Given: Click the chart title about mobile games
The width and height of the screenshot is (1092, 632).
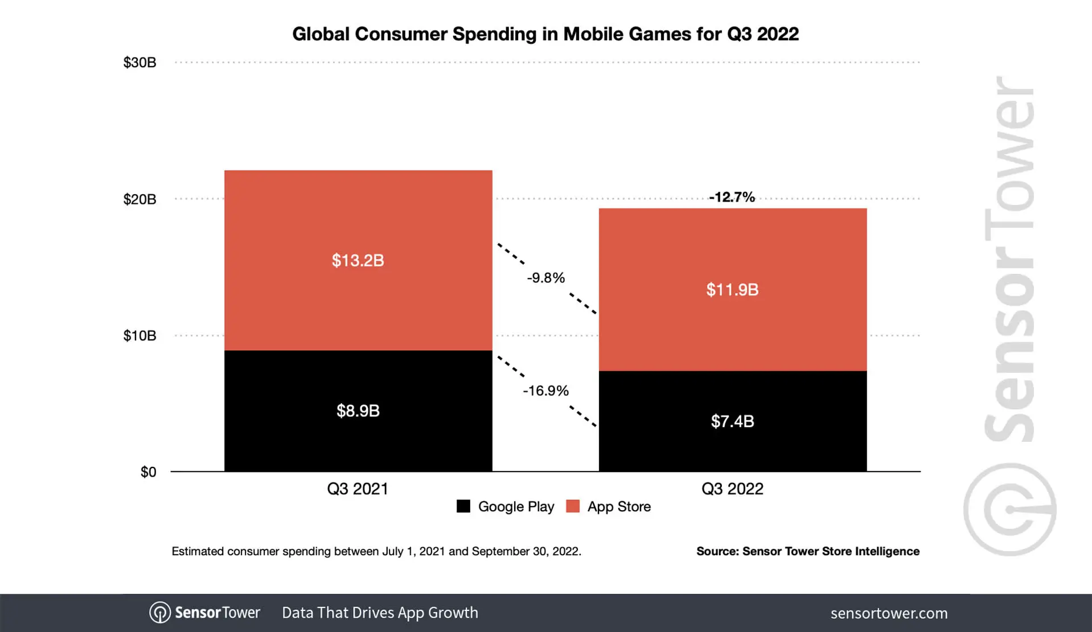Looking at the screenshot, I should [545, 34].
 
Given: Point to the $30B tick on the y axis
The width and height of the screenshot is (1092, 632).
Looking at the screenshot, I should [139, 63].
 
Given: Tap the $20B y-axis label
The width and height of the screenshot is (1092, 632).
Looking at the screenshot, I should [139, 199].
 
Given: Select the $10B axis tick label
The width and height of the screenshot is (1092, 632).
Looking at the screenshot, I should [139, 335].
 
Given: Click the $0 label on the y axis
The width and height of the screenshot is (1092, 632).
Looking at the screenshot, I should [148, 472].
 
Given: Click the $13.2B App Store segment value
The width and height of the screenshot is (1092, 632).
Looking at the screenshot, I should [358, 261].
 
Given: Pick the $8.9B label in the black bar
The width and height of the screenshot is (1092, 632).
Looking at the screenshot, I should [358, 411].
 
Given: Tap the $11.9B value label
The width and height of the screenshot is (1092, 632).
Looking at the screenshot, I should [732, 290].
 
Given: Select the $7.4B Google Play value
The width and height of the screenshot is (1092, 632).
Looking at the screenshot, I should [732, 421].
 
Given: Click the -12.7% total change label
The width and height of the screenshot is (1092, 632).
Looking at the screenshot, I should [732, 197].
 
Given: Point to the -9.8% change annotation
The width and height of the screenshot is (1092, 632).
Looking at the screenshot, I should [545, 278].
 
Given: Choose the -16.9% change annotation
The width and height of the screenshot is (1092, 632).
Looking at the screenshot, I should [545, 391].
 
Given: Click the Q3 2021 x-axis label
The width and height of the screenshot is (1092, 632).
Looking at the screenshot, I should [358, 489].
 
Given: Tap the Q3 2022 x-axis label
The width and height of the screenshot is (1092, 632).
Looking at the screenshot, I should [732, 489].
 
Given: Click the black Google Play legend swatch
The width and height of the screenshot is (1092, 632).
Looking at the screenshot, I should [463, 506].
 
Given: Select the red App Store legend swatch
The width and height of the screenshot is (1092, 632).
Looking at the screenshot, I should [573, 506].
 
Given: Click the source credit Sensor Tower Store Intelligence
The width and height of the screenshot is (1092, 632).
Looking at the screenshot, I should [807, 551].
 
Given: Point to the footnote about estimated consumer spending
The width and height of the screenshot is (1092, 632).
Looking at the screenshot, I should [376, 551].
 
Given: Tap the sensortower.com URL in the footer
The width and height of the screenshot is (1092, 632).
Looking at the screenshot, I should [889, 613].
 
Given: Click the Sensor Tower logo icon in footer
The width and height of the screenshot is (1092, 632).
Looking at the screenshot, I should [160, 613].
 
